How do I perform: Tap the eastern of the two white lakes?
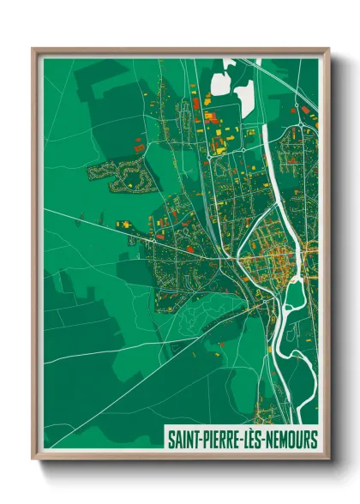click(x=245, y=96)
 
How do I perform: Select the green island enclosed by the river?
click(x=294, y=291)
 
